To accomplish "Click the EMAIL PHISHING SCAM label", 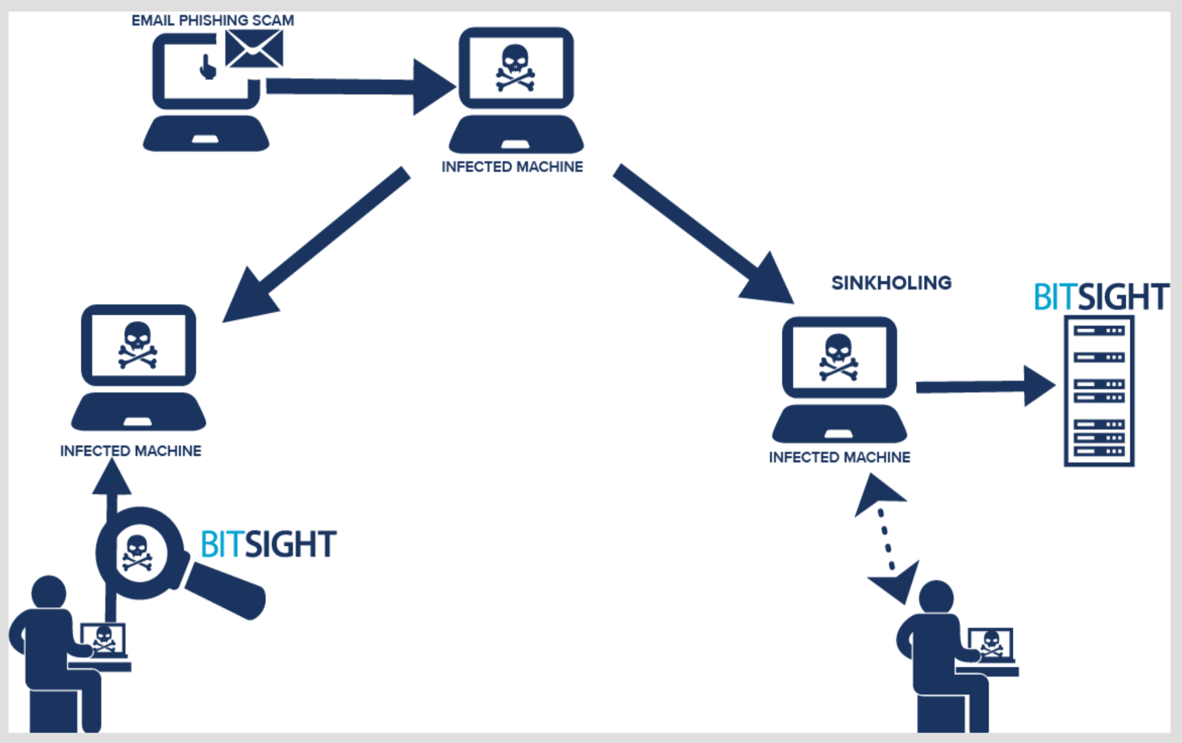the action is click(x=213, y=21).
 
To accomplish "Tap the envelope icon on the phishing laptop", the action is click(x=254, y=49).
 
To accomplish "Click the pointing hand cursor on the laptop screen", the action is click(x=208, y=67).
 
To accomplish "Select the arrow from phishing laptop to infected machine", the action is click(x=361, y=87).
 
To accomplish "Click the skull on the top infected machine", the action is click(x=515, y=68).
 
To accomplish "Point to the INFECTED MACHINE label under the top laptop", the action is click(x=512, y=167).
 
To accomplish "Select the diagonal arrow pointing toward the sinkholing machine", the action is click(x=704, y=234).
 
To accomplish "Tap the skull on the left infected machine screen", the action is click(x=138, y=345).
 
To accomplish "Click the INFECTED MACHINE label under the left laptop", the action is click(x=131, y=451).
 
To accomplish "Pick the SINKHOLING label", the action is click(x=891, y=283).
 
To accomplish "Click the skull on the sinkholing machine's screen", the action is click(x=839, y=357).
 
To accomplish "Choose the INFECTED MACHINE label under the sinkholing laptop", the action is click(x=839, y=457).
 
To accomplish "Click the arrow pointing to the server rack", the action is click(x=986, y=386).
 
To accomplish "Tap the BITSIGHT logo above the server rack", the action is click(x=1101, y=297).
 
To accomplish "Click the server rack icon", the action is click(x=1099, y=391).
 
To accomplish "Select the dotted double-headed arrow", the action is click(x=887, y=539).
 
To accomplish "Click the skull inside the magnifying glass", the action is click(x=137, y=553).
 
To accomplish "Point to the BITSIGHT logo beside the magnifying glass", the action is click(x=268, y=544).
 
